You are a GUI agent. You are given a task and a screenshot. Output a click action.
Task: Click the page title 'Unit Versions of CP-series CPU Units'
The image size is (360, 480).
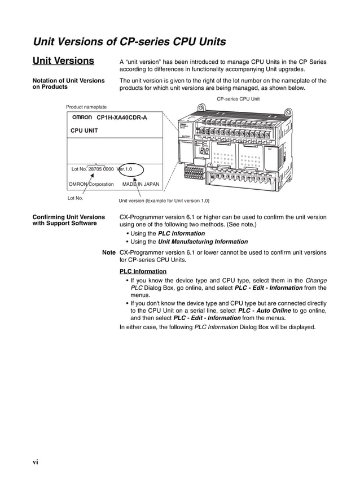130,42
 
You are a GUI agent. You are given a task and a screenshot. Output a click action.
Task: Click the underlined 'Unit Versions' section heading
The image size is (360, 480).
63,61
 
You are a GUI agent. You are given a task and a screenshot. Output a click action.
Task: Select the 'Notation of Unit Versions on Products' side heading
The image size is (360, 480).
68,84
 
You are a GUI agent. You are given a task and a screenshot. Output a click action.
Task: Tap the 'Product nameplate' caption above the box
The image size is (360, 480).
86,107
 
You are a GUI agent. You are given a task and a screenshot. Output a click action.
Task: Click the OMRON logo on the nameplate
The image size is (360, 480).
82,117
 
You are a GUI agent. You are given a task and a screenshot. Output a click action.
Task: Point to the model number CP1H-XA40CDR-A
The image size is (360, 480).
121,117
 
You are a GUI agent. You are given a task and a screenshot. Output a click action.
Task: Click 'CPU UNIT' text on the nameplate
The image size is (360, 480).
84,130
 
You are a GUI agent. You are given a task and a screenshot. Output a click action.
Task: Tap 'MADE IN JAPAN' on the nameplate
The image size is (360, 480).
141,184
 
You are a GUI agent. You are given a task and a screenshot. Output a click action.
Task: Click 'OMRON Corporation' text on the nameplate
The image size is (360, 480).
91,184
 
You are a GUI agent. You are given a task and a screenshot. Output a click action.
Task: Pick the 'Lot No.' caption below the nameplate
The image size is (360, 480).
75,198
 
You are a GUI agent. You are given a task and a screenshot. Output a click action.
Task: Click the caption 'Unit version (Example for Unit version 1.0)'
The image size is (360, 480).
164,200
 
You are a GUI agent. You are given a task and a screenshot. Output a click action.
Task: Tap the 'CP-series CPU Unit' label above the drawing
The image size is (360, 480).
238,99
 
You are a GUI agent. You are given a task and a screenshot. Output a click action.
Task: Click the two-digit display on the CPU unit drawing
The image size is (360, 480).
204,151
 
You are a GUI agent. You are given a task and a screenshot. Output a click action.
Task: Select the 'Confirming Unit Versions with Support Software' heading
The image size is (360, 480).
68,220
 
